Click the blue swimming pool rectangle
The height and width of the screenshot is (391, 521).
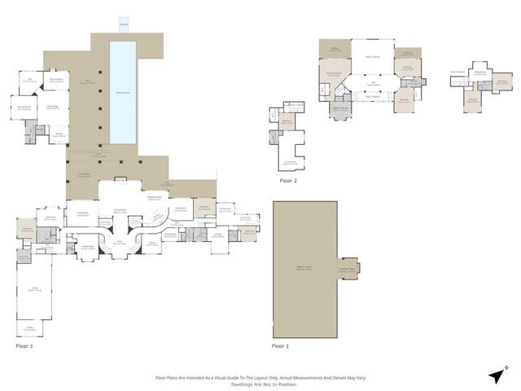[x=123, y=90]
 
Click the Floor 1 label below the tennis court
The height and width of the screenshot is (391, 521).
[x=280, y=346]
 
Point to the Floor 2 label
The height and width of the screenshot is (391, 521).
[x=287, y=181]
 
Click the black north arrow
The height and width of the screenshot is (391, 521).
[x=495, y=376]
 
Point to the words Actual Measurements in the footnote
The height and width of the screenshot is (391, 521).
[x=292, y=377]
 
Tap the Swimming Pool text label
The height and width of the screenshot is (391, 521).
[x=123, y=94]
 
